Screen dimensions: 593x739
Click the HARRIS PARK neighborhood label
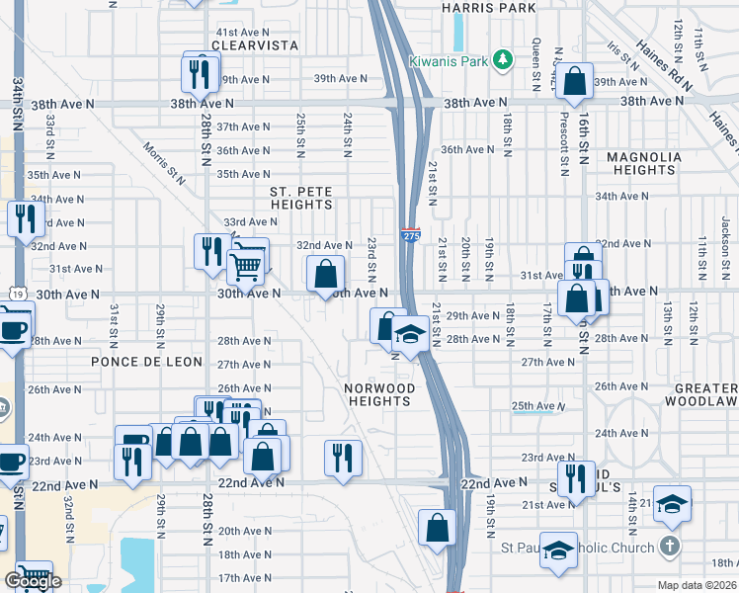(490, 8)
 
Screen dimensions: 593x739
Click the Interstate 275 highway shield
(411, 235)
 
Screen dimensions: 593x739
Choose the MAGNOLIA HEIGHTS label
(640, 163)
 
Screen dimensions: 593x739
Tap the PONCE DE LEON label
(132, 362)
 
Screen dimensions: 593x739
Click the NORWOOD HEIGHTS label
(379, 394)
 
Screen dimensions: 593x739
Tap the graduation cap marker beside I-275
(409, 336)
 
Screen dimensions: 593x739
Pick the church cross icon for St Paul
(669, 547)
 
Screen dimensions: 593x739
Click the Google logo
(33, 581)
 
